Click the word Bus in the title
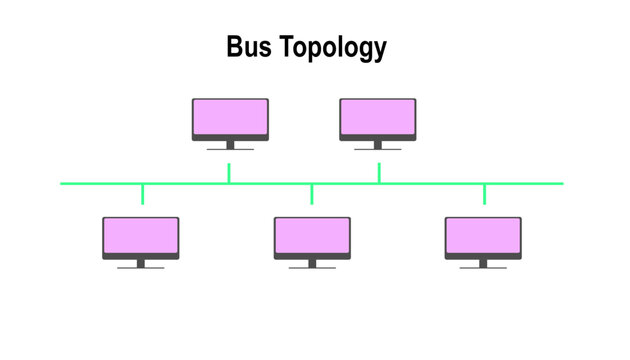(249, 47)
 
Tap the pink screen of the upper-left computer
(230, 118)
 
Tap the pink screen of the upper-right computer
(378, 118)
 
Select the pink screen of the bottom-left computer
(141, 236)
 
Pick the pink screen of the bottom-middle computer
(312, 236)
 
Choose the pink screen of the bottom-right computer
(483, 236)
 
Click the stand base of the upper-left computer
(230, 149)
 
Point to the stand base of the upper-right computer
(378, 149)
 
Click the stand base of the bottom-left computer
(141, 267)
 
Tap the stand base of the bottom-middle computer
(312, 267)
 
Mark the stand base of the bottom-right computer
(483, 267)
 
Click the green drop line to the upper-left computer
(229, 173)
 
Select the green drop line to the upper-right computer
(379, 173)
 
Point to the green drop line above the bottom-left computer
(143, 193)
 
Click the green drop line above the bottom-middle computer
(312, 193)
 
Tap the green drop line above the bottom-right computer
(485, 193)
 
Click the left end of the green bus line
(63, 184)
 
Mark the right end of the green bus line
(561, 184)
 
